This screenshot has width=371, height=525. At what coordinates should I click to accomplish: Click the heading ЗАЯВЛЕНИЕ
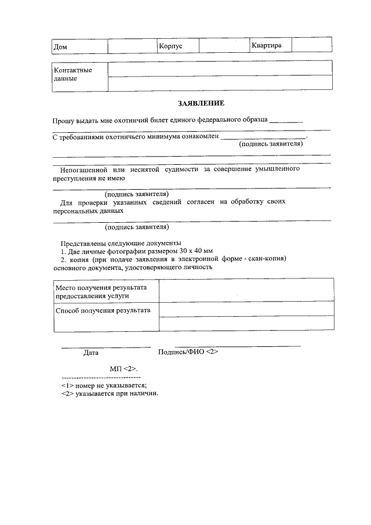point(201,103)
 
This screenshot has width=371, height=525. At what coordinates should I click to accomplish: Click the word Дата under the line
point(91,352)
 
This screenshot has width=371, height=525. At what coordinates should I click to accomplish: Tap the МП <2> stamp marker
point(123,369)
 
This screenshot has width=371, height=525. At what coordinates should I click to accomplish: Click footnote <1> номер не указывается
point(104,385)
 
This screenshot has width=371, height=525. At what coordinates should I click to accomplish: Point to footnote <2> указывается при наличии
point(110,393)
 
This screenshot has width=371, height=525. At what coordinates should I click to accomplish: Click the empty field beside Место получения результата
point(246,290)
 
